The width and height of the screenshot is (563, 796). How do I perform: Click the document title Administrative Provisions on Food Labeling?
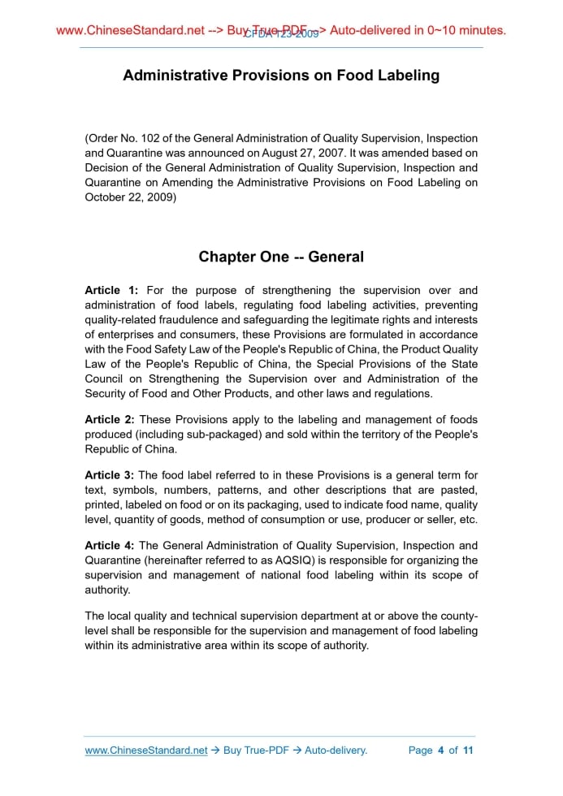point(281,76)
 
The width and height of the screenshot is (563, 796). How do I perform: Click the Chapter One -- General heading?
point(281,257)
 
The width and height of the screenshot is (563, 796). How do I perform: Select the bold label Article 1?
point(111,291)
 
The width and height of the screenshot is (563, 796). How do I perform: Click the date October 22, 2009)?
point(130,197)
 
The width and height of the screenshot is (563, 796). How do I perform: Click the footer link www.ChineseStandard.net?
point(146,751)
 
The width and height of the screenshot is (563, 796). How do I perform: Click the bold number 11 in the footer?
point(467,751)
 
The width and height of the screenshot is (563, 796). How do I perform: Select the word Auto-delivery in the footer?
point(336,751)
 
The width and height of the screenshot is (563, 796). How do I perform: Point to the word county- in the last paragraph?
point(458,616)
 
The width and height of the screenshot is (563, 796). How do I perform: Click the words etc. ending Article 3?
point(467,519)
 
